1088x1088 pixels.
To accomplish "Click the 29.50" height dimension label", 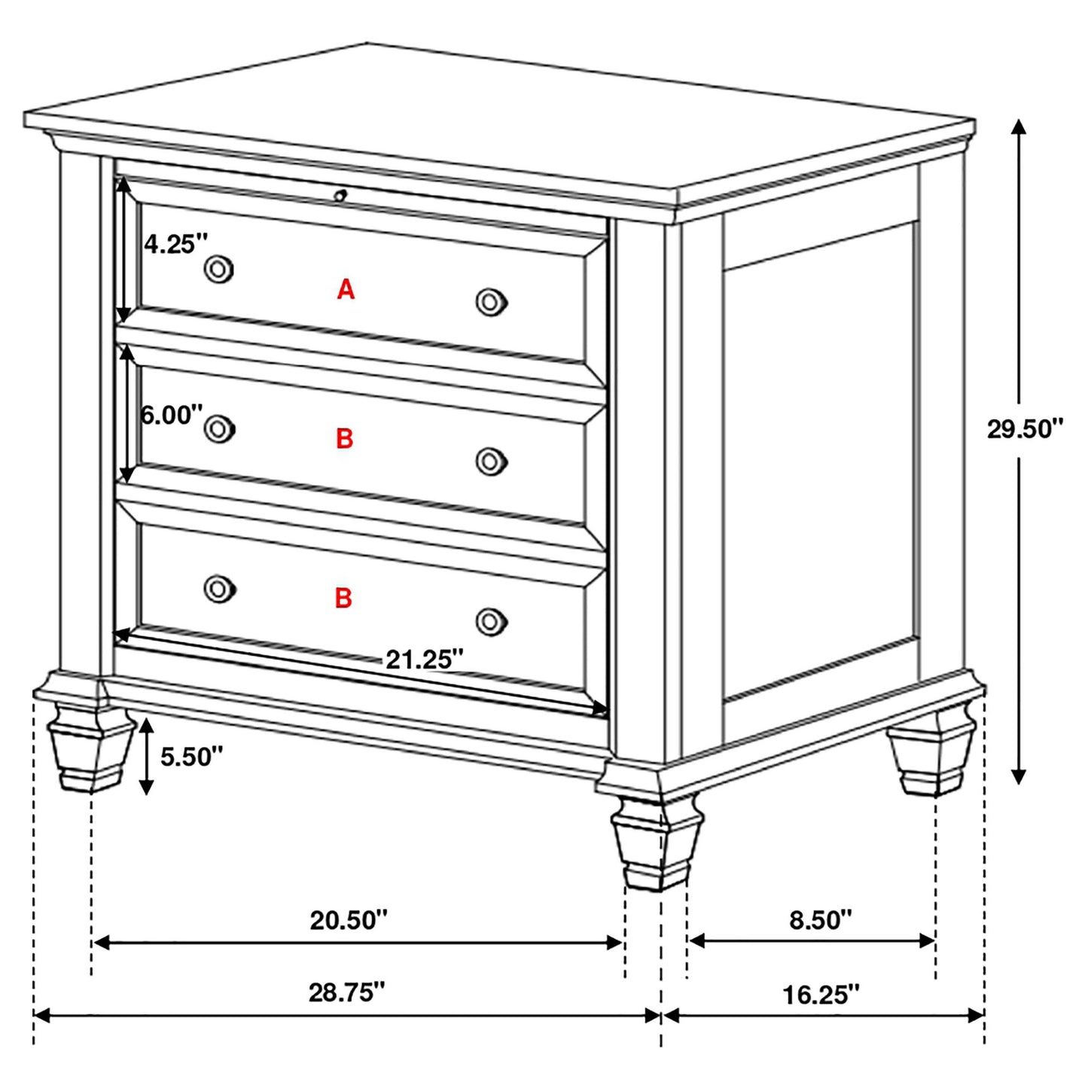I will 1025,429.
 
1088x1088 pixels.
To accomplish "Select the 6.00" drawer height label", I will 172,414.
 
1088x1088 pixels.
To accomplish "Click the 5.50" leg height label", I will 191,756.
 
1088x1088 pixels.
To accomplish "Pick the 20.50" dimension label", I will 349,919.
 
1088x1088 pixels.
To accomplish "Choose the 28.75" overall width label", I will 346,992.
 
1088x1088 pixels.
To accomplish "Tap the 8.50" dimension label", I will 820,919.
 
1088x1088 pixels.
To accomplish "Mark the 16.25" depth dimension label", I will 820,995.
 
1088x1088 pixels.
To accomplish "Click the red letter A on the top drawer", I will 346,289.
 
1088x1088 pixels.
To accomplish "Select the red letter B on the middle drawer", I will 344,438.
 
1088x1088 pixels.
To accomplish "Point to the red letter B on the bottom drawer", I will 343,598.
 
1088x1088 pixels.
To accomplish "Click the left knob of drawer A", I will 219,269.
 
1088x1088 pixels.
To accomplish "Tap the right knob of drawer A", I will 491,302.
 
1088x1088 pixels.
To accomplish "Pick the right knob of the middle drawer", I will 491,462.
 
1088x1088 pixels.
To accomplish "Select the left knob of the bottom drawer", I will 219,588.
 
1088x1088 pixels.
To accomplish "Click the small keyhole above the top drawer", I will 340,196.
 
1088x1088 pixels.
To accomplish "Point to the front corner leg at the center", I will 657,843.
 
